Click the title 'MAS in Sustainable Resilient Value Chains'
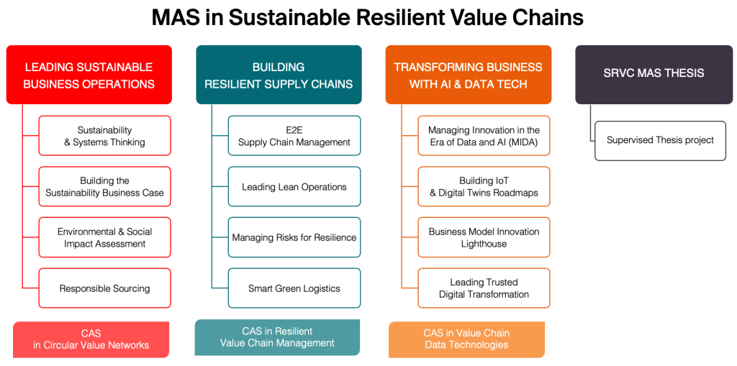tap(368, 18)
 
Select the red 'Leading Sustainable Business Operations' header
tap(89, 75)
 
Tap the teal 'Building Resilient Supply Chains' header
tap(279, 75)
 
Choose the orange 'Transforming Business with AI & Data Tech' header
tap(468, 75)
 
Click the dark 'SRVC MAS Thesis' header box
tap(654, 73)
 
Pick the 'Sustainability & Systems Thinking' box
tap(105, 136)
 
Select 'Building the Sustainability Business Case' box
tap(105, 187)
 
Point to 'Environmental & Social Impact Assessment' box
tap(105, 237)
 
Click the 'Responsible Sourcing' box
tap(105, 288)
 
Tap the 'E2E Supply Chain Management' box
tap(294, 136)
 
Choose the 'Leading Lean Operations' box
tap(294, 187)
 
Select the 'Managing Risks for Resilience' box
tap(294, 237)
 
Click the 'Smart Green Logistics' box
tap(294, 288)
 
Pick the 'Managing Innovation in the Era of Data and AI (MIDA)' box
tap(484, 136)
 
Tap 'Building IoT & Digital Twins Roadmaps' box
tap(484, 187)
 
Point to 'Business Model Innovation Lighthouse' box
tap(484, 237)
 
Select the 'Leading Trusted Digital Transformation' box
tap(484, 288)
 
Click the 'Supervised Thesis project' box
tap(660, 140)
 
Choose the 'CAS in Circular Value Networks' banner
tap(91, 339)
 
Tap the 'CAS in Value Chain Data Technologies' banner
tap(466, 339)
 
